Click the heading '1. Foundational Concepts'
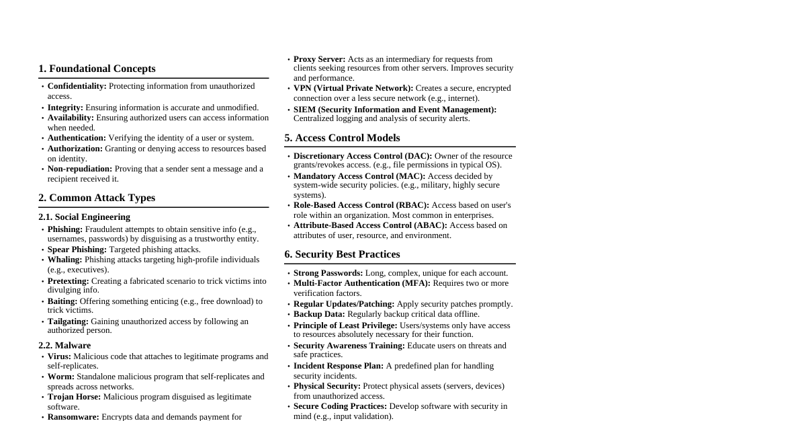pos(97,69)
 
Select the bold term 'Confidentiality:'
pos(77,86)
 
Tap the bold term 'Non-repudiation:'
pos(80,169)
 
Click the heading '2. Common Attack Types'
pos(97,198)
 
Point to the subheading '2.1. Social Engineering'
pos(84,217)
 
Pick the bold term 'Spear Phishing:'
pos(77,250)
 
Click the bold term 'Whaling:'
pos(64,260)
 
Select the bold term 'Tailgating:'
pos(68,321)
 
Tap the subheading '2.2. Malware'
pos(64,345)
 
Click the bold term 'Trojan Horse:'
pos(74,397)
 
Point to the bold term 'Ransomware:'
pos(73,417)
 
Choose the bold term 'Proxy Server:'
pos(319,59)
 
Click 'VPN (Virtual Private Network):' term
pos(353,88)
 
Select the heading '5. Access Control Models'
pos(342,138)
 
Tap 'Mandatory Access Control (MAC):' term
pos(359,176)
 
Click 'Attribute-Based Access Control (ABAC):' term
pos(370,225)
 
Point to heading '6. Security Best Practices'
pos(342,254)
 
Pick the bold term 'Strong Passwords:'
pos(328,273)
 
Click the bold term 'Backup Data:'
pos(319,314)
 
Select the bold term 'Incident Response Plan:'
pos(339,366)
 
